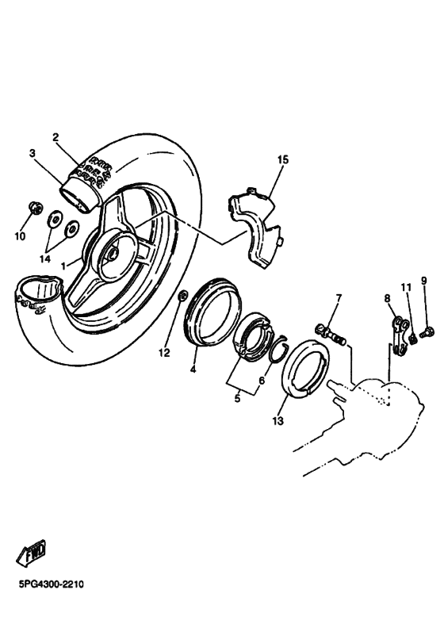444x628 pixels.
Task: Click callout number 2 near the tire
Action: point(55,137)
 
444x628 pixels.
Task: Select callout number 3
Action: point(33,153)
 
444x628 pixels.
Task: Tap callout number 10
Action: point(20,235)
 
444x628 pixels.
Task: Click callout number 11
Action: point(405,287)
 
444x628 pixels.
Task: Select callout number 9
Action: point(423,281)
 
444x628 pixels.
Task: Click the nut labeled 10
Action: point(34,209)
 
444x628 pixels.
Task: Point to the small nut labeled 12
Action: point(182,297)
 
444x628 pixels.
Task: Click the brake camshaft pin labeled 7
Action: point(334,333)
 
